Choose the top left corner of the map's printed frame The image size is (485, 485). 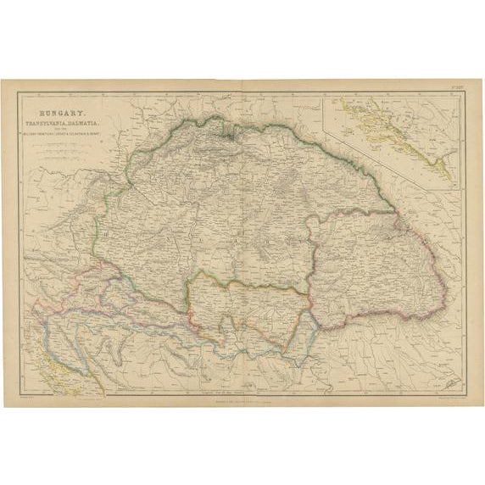coord(20,91)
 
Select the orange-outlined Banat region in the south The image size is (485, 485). coord(246,305)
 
